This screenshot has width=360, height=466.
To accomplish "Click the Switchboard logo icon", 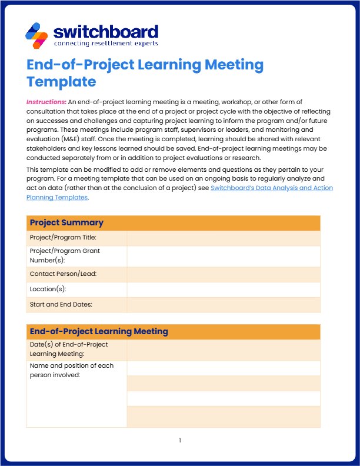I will click(x=37, y=35).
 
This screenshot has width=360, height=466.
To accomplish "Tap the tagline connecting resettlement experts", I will click(x=105, y=44).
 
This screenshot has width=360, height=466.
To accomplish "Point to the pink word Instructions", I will click(x=46, y=102).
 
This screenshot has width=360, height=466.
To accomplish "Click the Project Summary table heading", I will click(x=66, y=222).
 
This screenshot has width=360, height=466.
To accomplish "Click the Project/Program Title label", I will click(x=63, y=238).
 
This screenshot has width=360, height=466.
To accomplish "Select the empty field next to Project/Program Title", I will click(x=223, y=238).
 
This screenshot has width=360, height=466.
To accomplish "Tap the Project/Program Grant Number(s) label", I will click(x=65, y=255).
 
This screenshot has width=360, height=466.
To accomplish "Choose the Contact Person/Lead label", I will click(x=63, y=274).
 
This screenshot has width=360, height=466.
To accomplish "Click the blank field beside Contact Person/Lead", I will click(x=223, y=274).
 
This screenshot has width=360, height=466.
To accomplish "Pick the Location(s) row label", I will click(x=48, y=289).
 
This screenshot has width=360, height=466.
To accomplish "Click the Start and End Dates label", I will click(x=61, y=304).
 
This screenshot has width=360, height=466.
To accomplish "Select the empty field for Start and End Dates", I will click(x=223, y=304).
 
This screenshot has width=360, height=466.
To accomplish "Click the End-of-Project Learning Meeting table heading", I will click(x=99, y=331).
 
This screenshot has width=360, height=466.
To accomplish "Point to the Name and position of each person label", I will click(x=71, y=370).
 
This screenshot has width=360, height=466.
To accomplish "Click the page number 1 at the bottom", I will click(x=180, y=440).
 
